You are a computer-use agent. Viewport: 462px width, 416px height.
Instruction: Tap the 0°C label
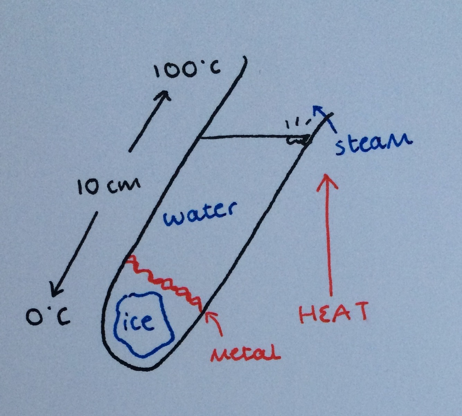[48, 316]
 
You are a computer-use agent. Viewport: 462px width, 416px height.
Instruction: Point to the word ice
[138, 322]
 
